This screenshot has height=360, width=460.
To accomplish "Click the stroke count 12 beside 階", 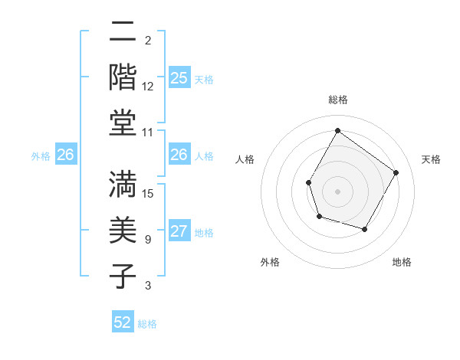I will tap(148, 87).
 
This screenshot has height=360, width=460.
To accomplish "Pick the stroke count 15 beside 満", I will tap(149, 194).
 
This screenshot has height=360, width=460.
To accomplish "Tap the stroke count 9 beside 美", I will tap(148, 240).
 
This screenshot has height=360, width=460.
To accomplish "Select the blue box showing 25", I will tap(179, 78).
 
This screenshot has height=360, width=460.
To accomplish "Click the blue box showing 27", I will tap(179, 232).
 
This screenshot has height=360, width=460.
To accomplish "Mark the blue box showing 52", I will tap(123, 323).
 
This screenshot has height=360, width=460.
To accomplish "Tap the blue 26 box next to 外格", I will tap(65, 155).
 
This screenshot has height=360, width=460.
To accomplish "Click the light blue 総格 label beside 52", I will tap(147, 324).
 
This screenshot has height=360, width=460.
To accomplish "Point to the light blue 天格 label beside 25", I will tap(204, 79).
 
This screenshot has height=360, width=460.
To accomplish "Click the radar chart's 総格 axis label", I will tap(337, 100).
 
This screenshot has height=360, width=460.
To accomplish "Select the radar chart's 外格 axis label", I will tap(270, 263).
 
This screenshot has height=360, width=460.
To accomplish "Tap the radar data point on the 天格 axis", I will tap(396, 172).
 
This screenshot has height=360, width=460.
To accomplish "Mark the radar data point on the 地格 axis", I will tap(365, 230).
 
